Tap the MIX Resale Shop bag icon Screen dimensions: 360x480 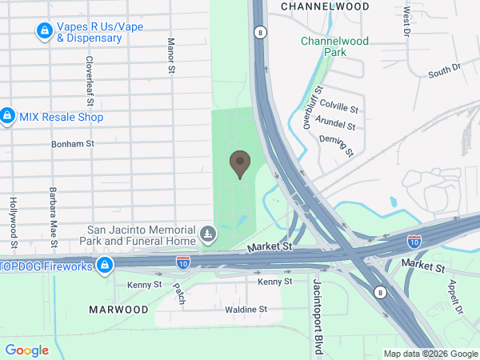click(7, 117)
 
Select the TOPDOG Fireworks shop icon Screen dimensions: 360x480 click(104, 266)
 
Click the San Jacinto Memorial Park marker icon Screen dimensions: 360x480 click(208, 234)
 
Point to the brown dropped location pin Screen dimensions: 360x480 click(239, 164)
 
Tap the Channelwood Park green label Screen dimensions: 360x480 click(329, 46)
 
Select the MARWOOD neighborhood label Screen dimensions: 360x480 click(118, 309)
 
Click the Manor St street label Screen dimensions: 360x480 click(170, 56)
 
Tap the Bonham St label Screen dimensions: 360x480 click(73, 144)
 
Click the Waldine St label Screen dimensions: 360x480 click(246, 309)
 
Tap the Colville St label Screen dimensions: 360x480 click(339, 104)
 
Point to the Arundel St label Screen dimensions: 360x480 click(336, 124)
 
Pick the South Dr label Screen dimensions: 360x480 click(445, 72)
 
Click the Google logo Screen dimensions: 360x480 click(26, 350)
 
